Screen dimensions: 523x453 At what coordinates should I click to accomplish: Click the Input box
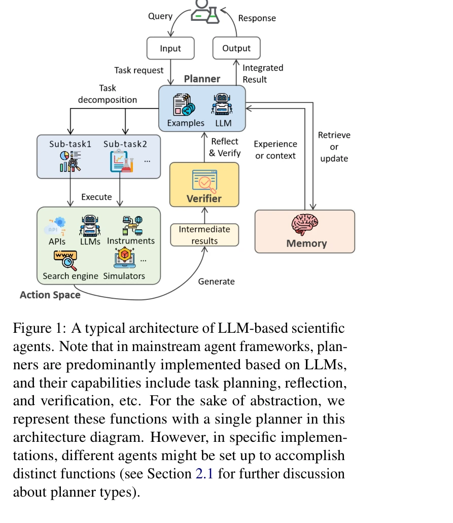[x=170, y=49]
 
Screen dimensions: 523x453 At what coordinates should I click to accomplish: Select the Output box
[x=236, y=49]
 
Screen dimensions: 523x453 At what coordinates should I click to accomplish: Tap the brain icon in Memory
[x=305, y=224]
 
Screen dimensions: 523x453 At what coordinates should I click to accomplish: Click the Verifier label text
[x=204, y=198]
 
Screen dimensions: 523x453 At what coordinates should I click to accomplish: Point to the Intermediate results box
[x=204, y=235]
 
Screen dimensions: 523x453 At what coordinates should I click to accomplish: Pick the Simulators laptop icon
[x=124, y=259]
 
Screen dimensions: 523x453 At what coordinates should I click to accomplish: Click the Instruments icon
[x=131, y=225]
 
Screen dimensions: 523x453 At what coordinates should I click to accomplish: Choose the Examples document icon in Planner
[x=184, y=105]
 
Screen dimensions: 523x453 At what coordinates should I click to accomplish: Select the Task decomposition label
[x=108, y=94]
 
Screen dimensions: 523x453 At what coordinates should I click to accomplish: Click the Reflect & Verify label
[x=225, y=147]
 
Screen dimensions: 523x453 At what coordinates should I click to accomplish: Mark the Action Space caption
[x=50, y=295]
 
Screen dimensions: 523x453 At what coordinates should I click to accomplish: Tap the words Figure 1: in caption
[x=39, y=328]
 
